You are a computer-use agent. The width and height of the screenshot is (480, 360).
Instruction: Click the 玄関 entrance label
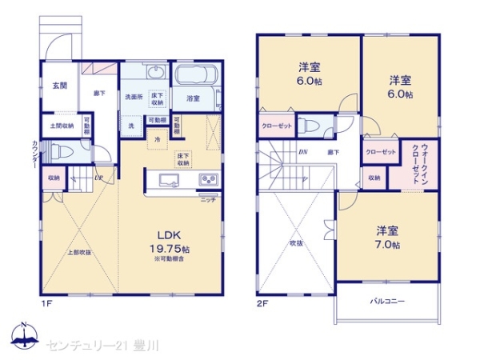(x=60, y=86)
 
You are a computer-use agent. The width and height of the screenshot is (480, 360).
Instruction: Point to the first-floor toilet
(x=65, y=150)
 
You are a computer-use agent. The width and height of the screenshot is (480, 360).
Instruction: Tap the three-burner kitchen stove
(x=207, y=178)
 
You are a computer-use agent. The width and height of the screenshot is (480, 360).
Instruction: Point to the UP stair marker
(x=99, y=178)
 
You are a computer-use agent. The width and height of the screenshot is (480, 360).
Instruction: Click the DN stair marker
(x=303, y=151)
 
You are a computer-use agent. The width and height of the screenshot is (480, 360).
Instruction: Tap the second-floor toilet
(x=314, y=125)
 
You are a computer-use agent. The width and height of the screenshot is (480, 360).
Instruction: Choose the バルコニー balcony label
(x=387, y=302)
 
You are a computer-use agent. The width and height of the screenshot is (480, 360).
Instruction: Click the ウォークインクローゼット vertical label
(x=419, y=165)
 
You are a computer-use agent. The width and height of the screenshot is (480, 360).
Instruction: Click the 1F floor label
(x=46, y=303)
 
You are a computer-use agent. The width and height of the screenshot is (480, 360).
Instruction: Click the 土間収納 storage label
(x=62, y=126)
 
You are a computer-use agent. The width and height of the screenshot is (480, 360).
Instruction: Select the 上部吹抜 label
(x=78, y=253)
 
